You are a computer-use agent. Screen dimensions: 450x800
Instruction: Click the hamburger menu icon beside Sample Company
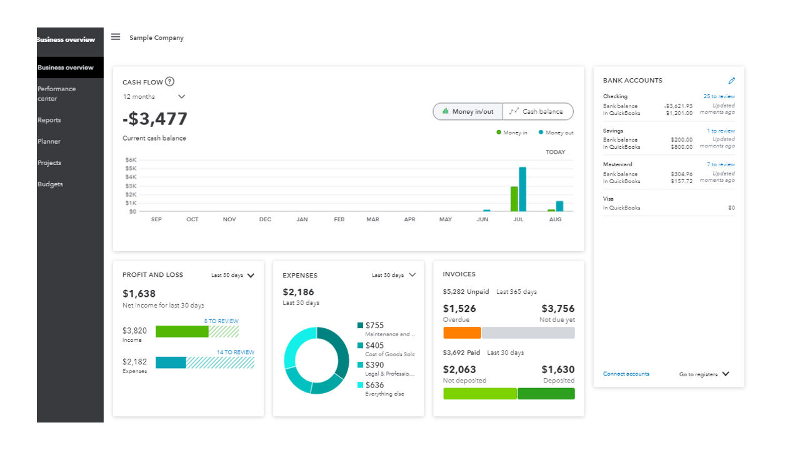[116, 37]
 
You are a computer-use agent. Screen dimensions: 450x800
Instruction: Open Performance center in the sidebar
[56, 94]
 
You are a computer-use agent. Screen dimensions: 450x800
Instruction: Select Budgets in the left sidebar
[50, 184]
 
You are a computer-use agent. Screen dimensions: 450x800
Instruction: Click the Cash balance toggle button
[537, 112]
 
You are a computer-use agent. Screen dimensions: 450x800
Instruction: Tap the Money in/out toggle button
[468, 112]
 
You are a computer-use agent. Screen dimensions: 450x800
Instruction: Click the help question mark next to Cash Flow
[170, 82]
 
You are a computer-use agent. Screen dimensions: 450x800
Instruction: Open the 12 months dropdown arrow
[182, 97]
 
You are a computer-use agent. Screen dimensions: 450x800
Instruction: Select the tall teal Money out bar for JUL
[522, 189]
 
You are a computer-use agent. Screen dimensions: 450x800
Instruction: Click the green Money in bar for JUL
[514, 199]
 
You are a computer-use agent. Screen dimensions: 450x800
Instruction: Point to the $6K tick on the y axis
[131, 160]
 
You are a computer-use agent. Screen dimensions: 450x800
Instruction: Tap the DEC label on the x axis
[266, 219]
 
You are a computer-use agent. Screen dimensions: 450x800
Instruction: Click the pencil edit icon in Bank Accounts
[732, 81]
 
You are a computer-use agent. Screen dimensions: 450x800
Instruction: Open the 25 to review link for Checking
[719, 97]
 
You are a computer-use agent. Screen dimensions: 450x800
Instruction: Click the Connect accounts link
[626, 374]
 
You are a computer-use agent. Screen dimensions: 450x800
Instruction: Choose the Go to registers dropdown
[704, 374]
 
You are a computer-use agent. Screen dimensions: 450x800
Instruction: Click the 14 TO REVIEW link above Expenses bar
[235, 352]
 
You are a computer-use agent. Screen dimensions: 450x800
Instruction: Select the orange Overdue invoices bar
[462, 333]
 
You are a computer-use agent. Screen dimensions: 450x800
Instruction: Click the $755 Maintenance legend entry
[375, 326]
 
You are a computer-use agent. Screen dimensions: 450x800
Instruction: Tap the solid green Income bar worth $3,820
[182, 331]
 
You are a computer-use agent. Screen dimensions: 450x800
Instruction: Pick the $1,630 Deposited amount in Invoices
[557, 369]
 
